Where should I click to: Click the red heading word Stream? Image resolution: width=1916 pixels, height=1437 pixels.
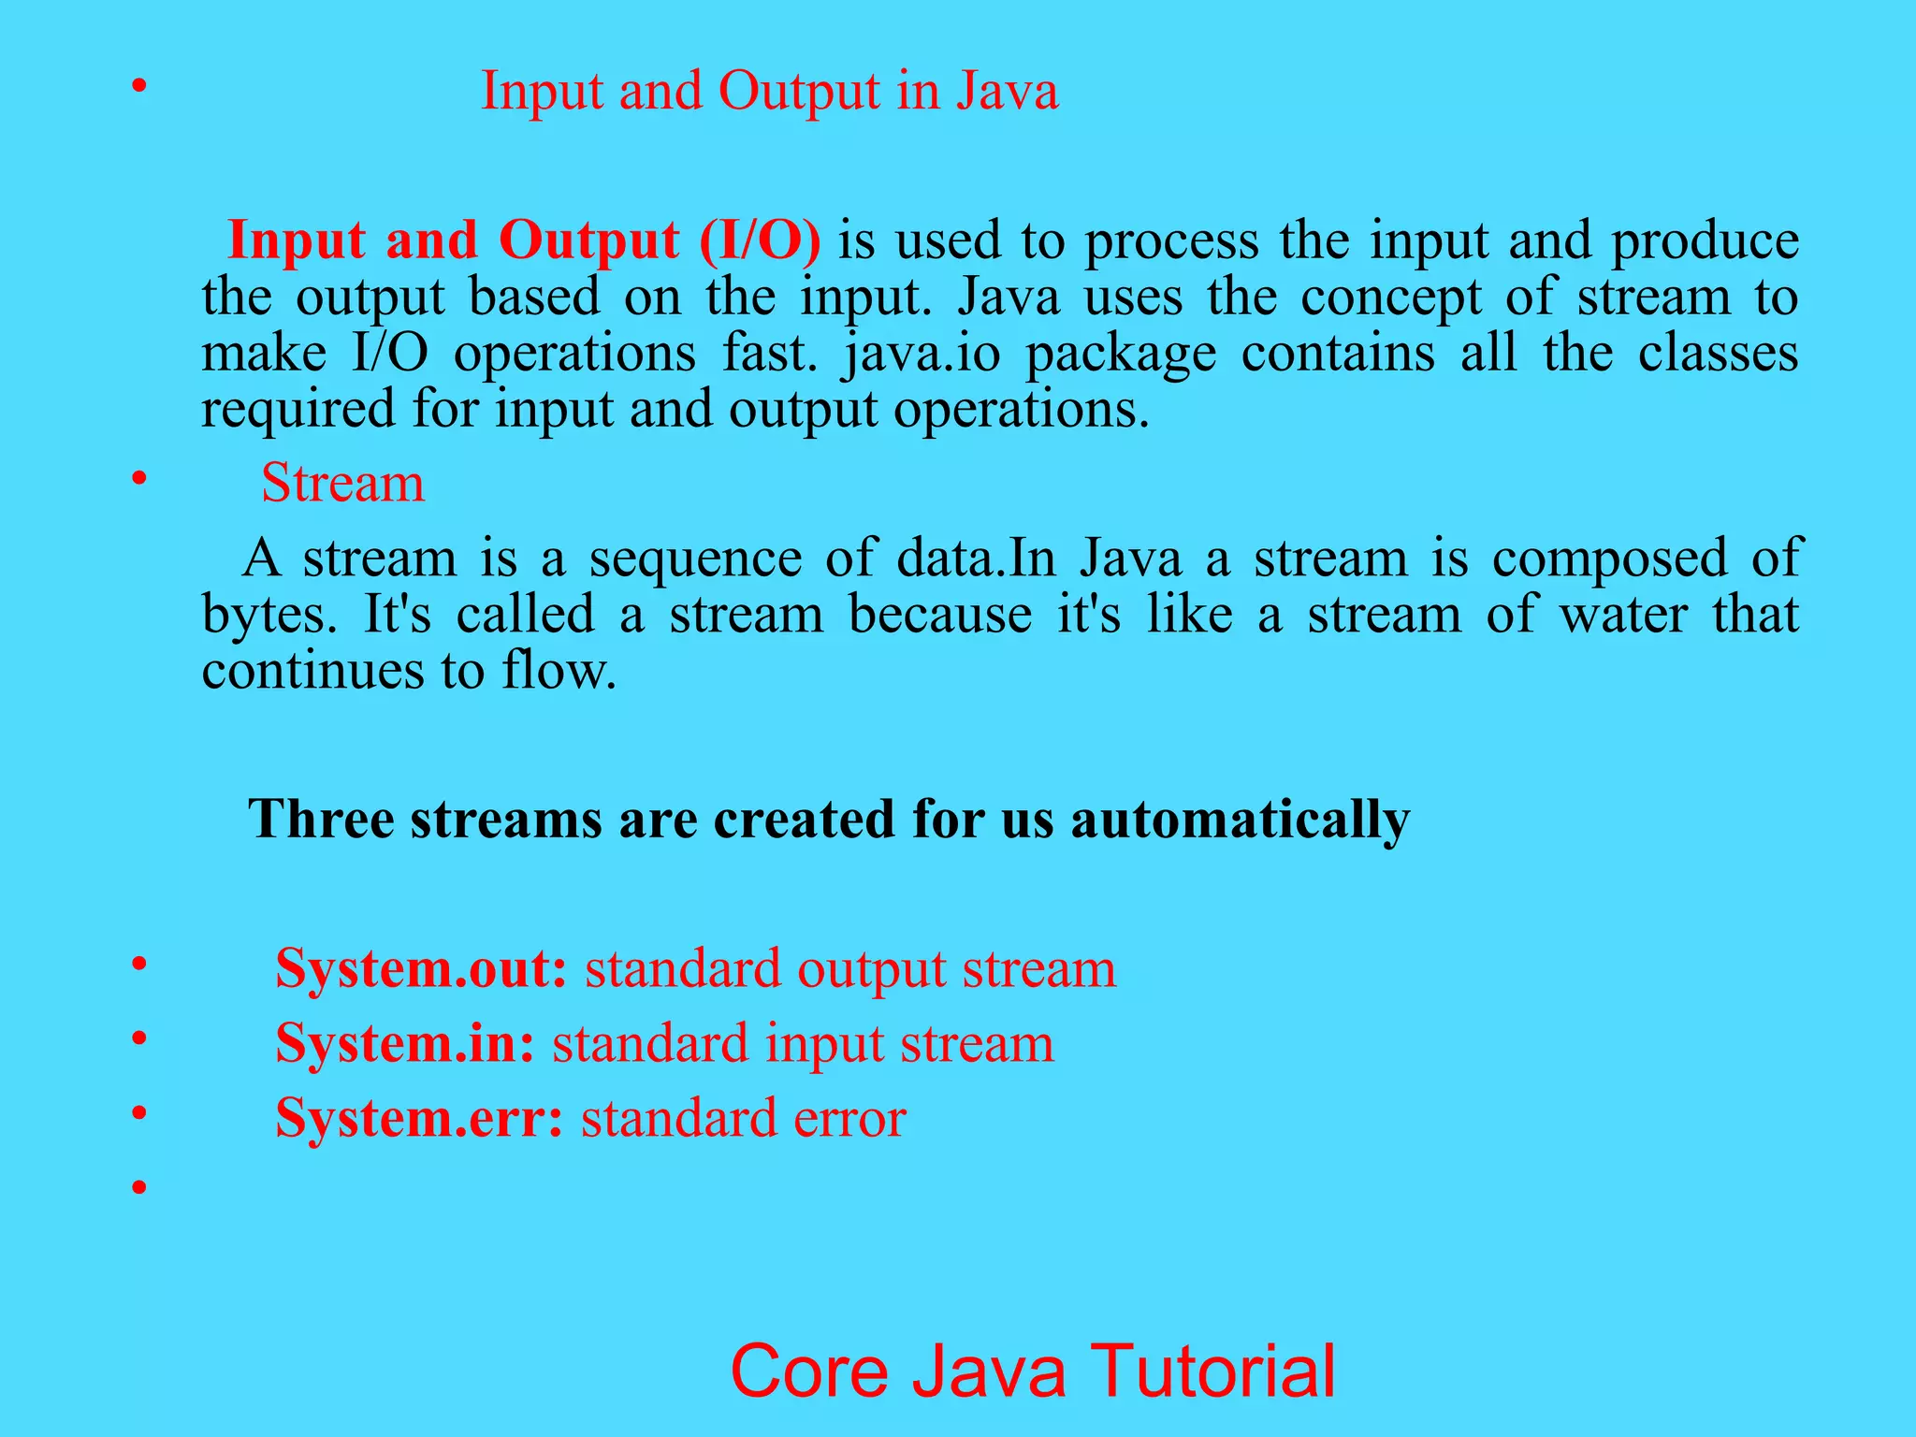point(342,484)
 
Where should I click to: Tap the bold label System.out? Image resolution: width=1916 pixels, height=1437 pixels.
point(421,969)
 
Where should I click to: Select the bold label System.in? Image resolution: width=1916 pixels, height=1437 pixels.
point(405,1044)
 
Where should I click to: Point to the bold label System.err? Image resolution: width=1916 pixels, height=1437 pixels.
point(419,1119)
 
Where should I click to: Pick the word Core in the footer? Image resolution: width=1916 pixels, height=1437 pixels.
point(808,1371)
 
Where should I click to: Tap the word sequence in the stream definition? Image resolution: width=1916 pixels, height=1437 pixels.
point(695,559)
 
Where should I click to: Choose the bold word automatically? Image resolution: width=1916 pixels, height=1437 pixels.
point(1240,820)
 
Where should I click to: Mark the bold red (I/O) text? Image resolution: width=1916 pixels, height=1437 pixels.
point(760,240)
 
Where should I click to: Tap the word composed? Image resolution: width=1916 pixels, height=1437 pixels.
point(1609,559)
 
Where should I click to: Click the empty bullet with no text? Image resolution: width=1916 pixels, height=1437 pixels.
point(139,1188)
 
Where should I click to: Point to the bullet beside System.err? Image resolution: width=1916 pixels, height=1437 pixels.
point(139,1113)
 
